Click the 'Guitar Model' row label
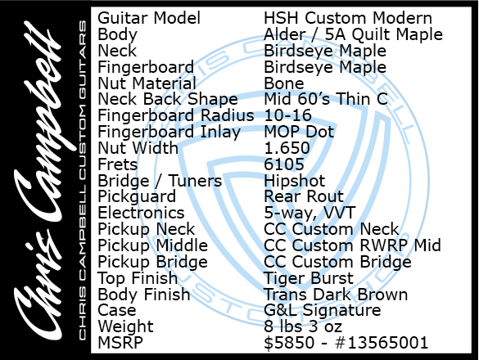[x=149, y=18]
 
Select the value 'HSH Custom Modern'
[x=348, y=18]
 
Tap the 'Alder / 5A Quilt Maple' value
[x=353, y=34]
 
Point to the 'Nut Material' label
[x=147, y=83]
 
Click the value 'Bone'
[x=284, y=83]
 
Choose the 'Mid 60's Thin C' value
[x=326, y=99]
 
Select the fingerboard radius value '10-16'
[x=287, y=115]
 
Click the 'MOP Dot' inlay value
[x=299, y=132]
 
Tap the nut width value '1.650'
[x=287, y=148]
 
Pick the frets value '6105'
[x=284, y=164]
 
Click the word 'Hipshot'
[x=295, y=181]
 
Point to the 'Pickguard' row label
[x=137, y=196]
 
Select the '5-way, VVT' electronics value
[x=310, y=213]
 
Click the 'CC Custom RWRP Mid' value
[x=353, y=245]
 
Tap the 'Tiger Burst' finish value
[x=309, y=278]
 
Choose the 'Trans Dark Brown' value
[x=336, y=295]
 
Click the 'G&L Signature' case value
[x=323, y=311]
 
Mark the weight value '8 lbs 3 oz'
[x=303, y=326]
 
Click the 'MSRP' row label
[x=120, y=343]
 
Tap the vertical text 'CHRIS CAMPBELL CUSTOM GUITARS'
[x=83, y=180]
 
